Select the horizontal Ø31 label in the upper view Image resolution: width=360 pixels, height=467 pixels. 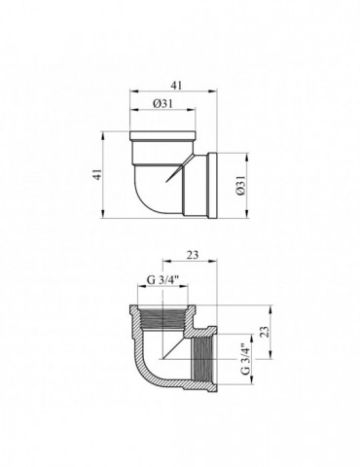tap(163, 104)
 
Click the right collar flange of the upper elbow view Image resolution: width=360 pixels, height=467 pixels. tap(213, 182)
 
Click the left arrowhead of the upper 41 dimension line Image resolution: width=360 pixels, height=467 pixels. tap(130, 93)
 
